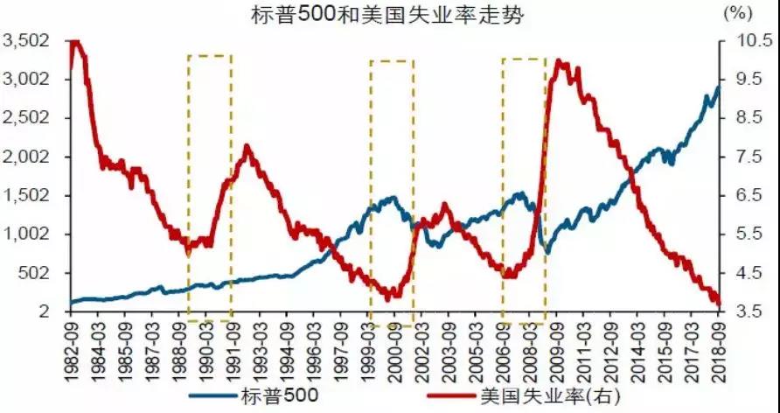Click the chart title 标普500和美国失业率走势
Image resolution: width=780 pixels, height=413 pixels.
[389, 17]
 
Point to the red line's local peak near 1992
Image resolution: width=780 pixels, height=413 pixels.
[247, 147]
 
